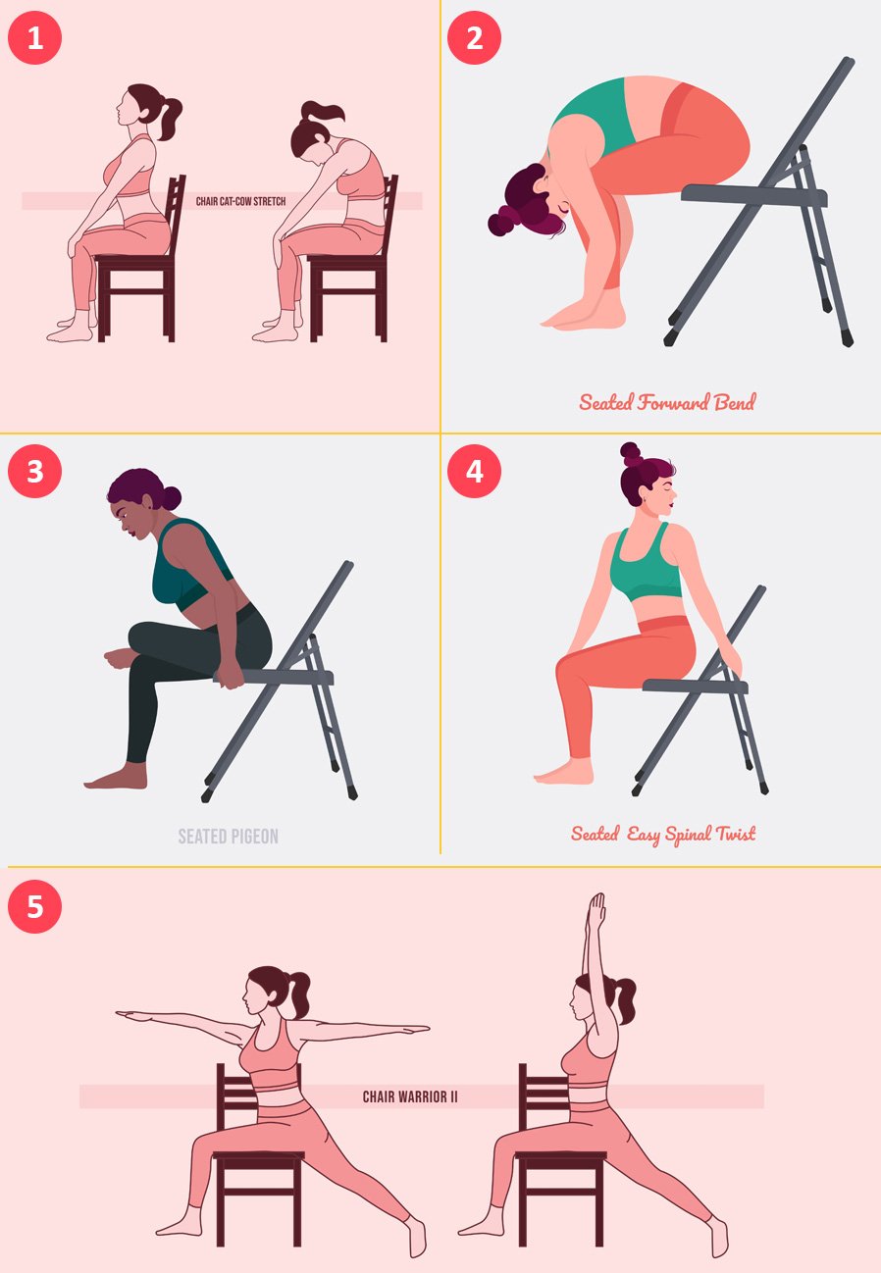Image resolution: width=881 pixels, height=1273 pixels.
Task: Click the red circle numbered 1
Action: click(34, 37)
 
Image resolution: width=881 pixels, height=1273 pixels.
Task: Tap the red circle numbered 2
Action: click(474, 37)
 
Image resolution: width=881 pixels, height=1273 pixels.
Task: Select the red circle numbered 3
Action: click(34, 471)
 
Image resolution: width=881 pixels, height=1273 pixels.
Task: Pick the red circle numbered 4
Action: click(474, 471)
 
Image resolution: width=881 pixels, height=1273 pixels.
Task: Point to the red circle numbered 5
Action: click(34, 906)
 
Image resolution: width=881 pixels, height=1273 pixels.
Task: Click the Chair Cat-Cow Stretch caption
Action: click(240, 201)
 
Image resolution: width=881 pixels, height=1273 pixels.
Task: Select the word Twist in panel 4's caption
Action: click(736, 834)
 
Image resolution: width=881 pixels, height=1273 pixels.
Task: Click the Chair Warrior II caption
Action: click(410, 1096)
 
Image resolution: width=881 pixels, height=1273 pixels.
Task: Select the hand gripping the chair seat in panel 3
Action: click(231, 677)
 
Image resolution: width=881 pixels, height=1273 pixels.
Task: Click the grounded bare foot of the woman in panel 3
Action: click(116, 778)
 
